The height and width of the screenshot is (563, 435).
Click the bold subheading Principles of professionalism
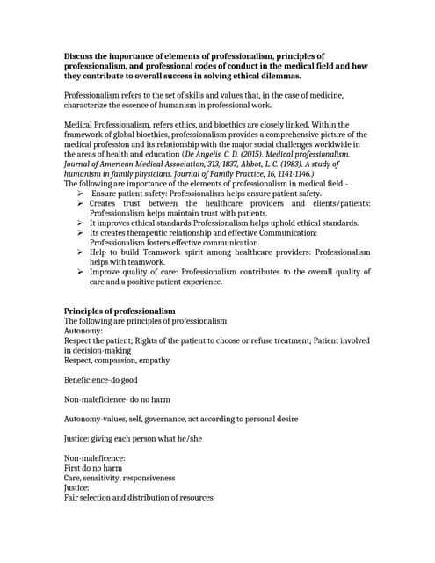pos(120,311)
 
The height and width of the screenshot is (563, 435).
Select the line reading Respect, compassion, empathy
pos(117,360)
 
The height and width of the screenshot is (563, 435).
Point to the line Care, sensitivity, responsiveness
pos(120,478)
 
